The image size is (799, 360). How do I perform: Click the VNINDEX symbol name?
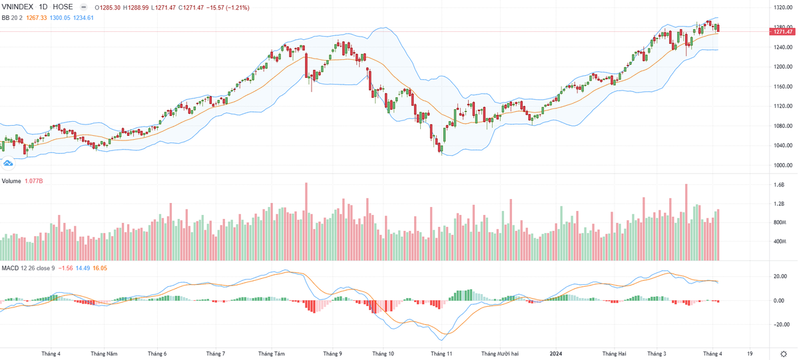(19, 7)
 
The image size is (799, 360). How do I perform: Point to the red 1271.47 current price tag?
(782, 31)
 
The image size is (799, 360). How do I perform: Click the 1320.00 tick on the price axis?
(782, 7)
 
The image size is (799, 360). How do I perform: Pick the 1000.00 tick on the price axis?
(782, 165)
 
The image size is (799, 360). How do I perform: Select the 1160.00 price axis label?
(782, 87)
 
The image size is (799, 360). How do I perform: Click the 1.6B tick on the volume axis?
(779, 185)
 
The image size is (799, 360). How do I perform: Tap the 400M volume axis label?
(780, 242)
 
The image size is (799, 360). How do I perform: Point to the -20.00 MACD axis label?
(780, 325)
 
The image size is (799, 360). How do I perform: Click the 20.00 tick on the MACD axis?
(780, 276)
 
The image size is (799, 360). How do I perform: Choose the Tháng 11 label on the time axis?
(442, 353)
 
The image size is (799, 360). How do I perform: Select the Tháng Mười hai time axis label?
(499, 353)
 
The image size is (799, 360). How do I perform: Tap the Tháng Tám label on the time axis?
(271, 353)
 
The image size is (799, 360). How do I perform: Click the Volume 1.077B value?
(35, 181)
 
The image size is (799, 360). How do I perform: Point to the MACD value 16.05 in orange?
(99, 268)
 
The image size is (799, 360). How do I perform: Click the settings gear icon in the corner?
(782, 353)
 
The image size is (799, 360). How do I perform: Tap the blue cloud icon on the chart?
(8, 162)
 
